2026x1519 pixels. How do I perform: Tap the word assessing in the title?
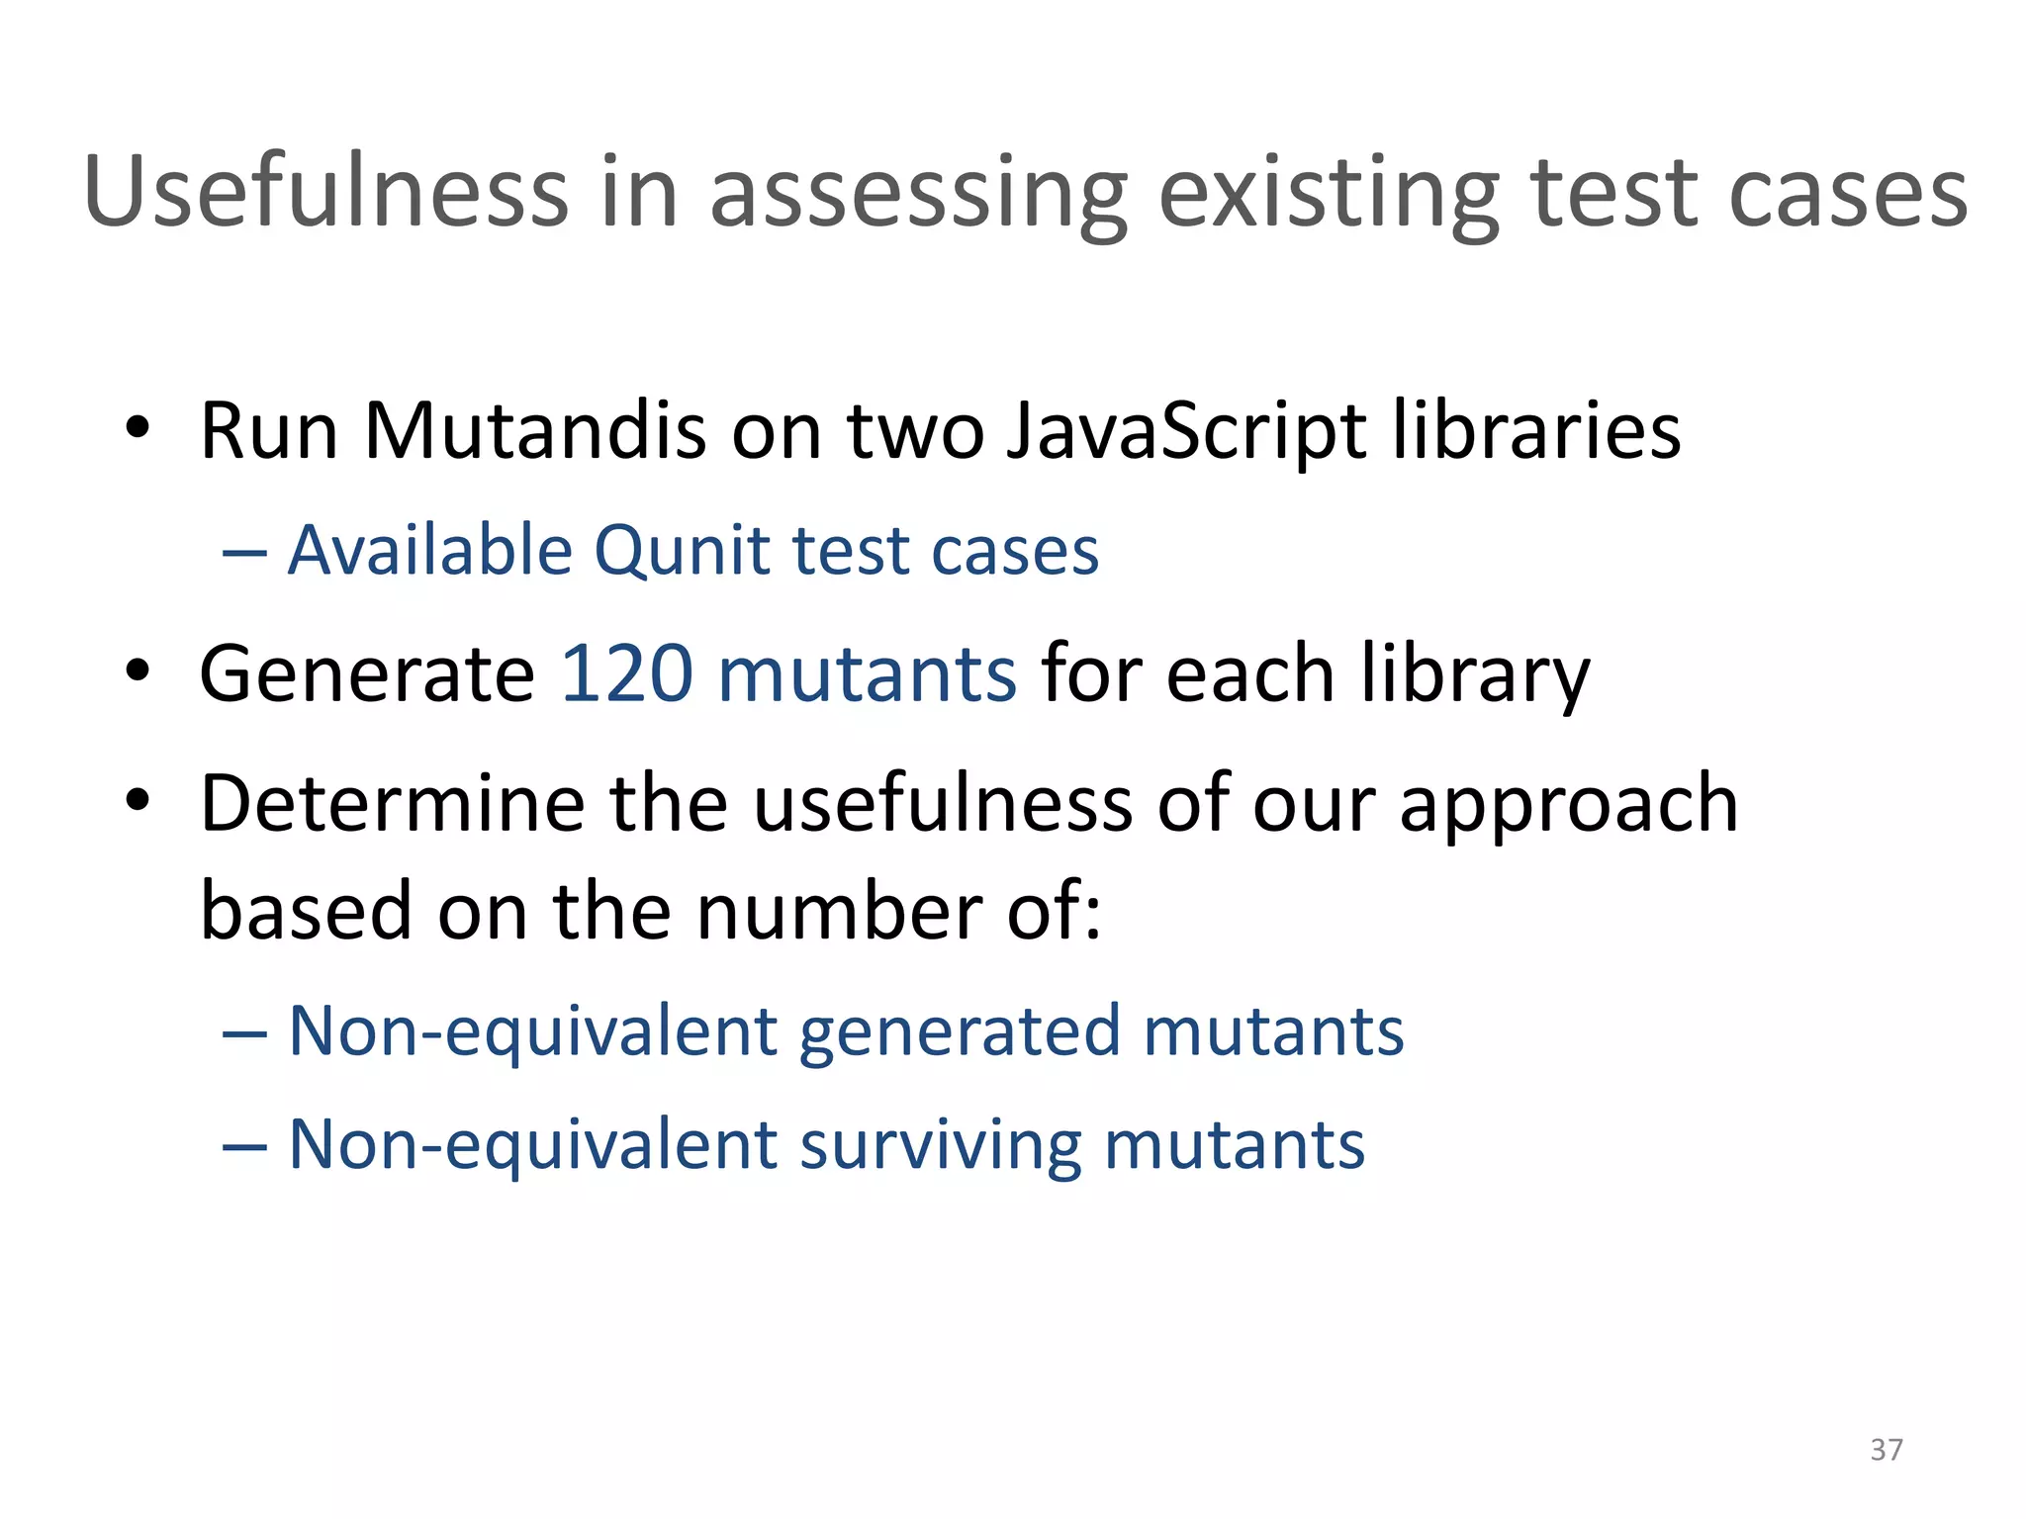(919, 195)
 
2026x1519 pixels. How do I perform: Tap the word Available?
(430, 550)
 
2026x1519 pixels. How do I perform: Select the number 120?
(627, 673)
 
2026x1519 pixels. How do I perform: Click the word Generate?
(367, 673)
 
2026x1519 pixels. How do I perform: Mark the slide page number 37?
(1886, 1450)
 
